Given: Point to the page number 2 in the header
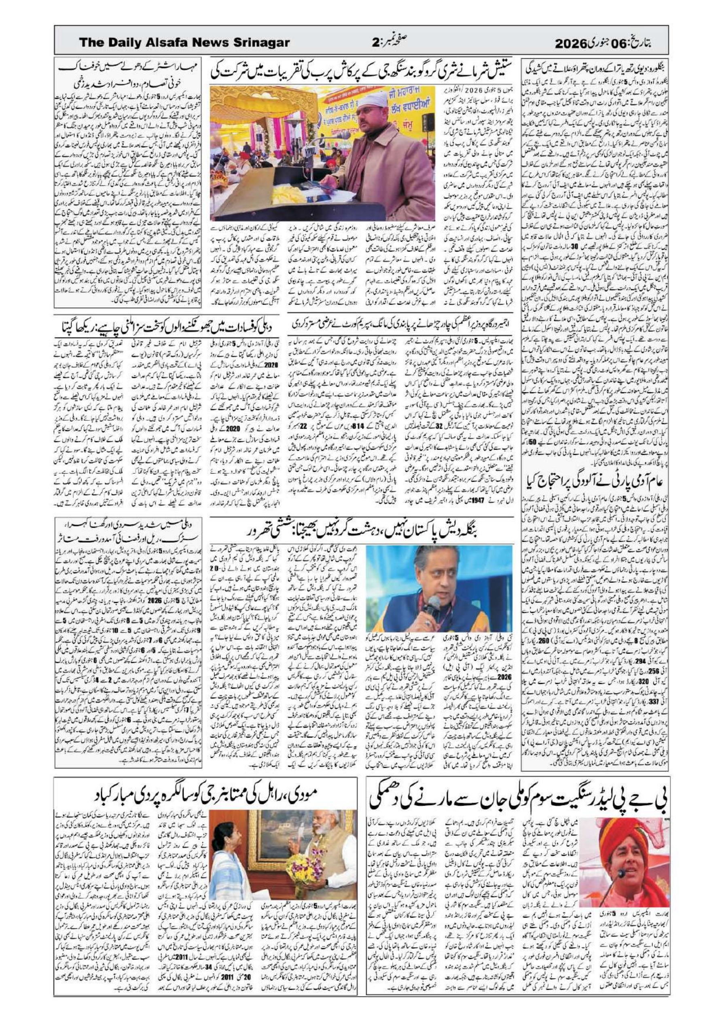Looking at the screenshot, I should (375, 43).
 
